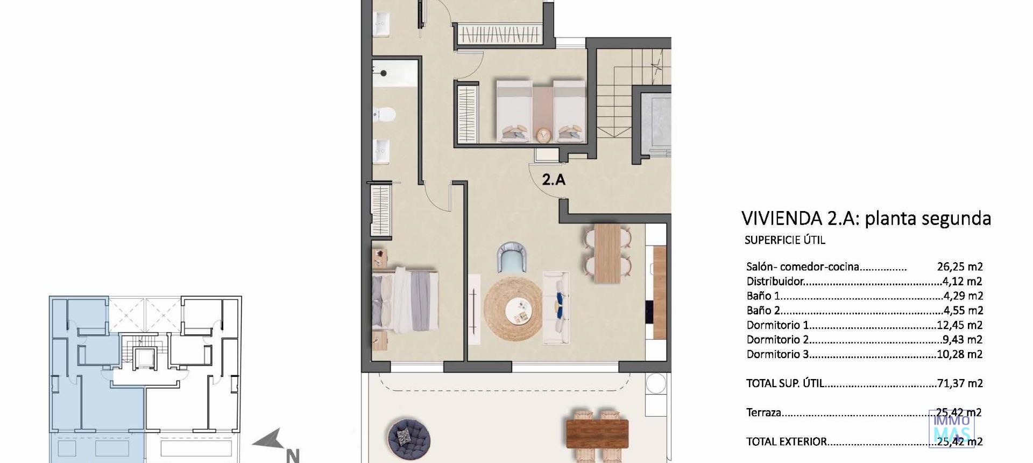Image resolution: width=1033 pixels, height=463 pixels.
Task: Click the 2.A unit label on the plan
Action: [x=554, y=179]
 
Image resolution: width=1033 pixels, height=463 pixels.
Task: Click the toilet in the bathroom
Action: [x=385, y=115]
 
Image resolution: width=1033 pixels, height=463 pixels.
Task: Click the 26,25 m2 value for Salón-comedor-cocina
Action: [x=960, y=266]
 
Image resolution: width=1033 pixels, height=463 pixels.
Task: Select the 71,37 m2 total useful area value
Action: [x=960, y=383]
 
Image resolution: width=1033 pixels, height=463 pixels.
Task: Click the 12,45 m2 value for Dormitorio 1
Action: [x=960, y=325]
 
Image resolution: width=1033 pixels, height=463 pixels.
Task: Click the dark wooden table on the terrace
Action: [x=597, y=433]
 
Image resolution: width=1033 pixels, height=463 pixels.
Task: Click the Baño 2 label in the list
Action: [x=763, y=311]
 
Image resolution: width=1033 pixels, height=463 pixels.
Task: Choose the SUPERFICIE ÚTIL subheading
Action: [x=784, y=240]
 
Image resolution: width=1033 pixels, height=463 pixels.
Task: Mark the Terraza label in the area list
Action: [x=763, y=413]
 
